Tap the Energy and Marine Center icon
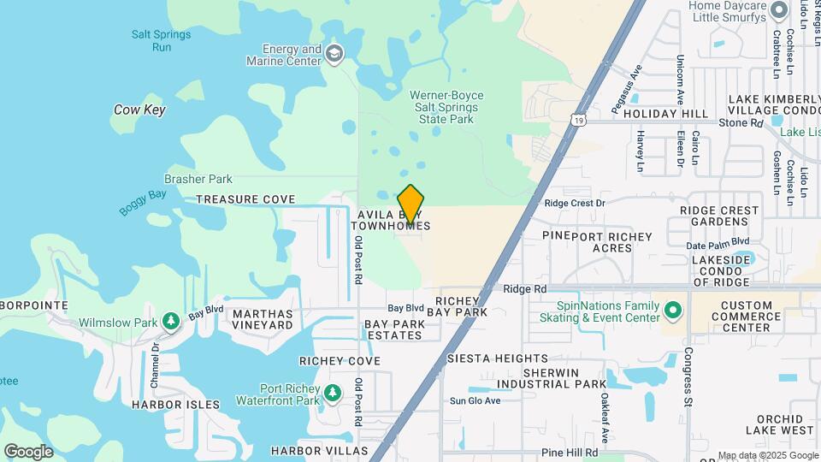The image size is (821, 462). pyautogui.click(x=334, y=55)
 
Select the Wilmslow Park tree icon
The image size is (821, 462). pyautogui.click(x=172, y=321)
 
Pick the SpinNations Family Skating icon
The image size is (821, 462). pyautogui.click(x=673, y=310)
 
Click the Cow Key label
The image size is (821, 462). pyautogui.click(x=139, y=110)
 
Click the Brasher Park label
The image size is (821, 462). pyautogui.click(x=198, y=180)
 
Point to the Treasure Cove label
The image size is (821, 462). pyautogui.click(x=245, y=199)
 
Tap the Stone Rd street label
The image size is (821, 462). pyautogui.click(x=740, y=123)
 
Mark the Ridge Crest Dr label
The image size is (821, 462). pyautogui.click(x=575, y=204)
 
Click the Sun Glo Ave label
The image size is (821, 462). pyautogui.click(x=475, y=400)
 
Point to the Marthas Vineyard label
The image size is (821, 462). pyautogui.click(x=263, y=320)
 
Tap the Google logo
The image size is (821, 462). pyautogui.click(x=28, y=451)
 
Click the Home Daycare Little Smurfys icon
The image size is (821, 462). pyautogui.click(x=778, y=10)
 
